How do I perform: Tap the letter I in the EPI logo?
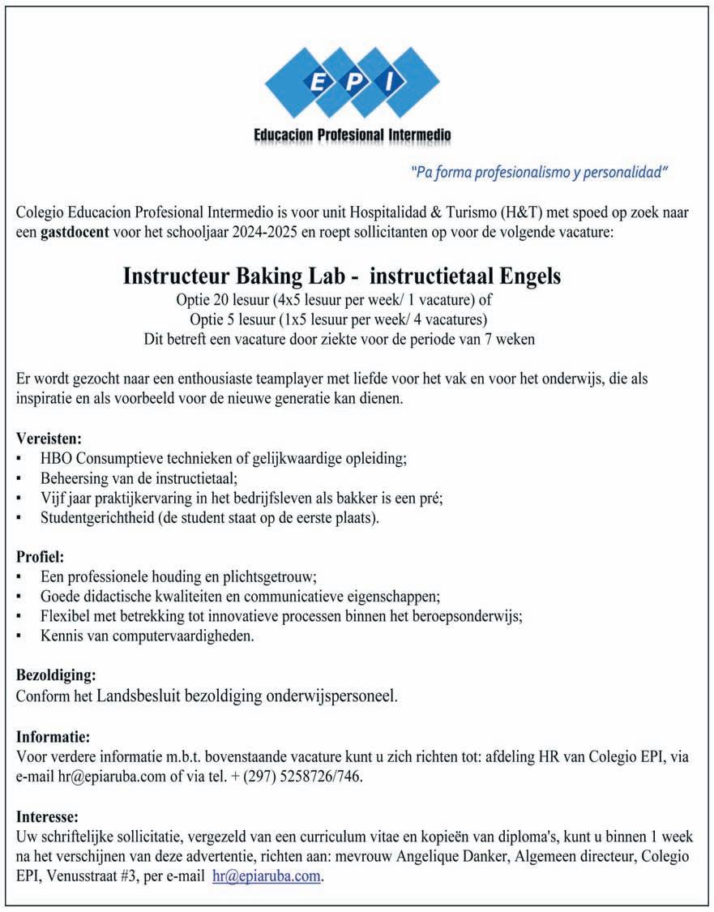coord(391,82)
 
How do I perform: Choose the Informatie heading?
coord(53,737)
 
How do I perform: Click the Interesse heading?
coord(47,816)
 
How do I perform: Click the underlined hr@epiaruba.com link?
coord(267,876)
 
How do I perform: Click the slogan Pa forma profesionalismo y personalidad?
coord(539,172)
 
